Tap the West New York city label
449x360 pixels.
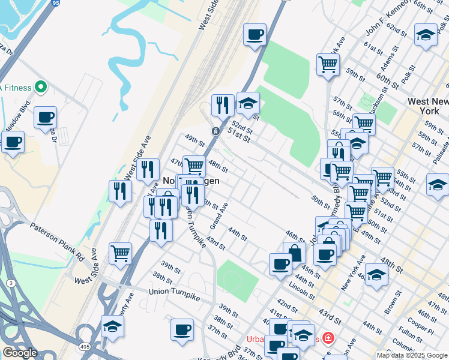pyautogui.click(x=427, y=106)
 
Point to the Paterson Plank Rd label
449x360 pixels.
pyautogui.click(x=57, y=235)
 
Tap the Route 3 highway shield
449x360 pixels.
pyautogui.click(x=11, y=282)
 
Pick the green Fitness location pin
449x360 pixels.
pyautogui.click(x=41, y=88)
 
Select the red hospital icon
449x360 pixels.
pyautogui.click(x=328, y=338)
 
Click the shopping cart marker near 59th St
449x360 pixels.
pyautogui.click(x=328, y=64)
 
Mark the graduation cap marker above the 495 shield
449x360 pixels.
pyautogui.click(x=112, y=326)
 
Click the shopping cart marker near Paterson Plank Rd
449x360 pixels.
pyautogui.click(x=121, y=253)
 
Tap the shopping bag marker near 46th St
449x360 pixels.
pyautogui.click(x=294, y=252)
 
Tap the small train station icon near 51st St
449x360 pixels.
pyautogui.click(x=215, y=131)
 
